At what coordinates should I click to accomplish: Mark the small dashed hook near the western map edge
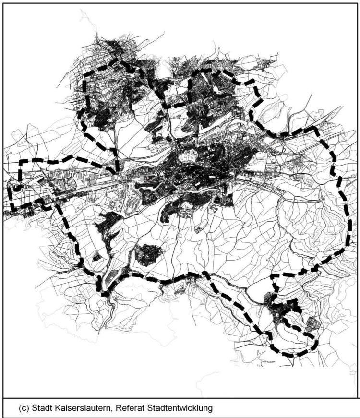[17, 187]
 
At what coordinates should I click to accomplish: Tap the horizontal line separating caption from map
[180, 398]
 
